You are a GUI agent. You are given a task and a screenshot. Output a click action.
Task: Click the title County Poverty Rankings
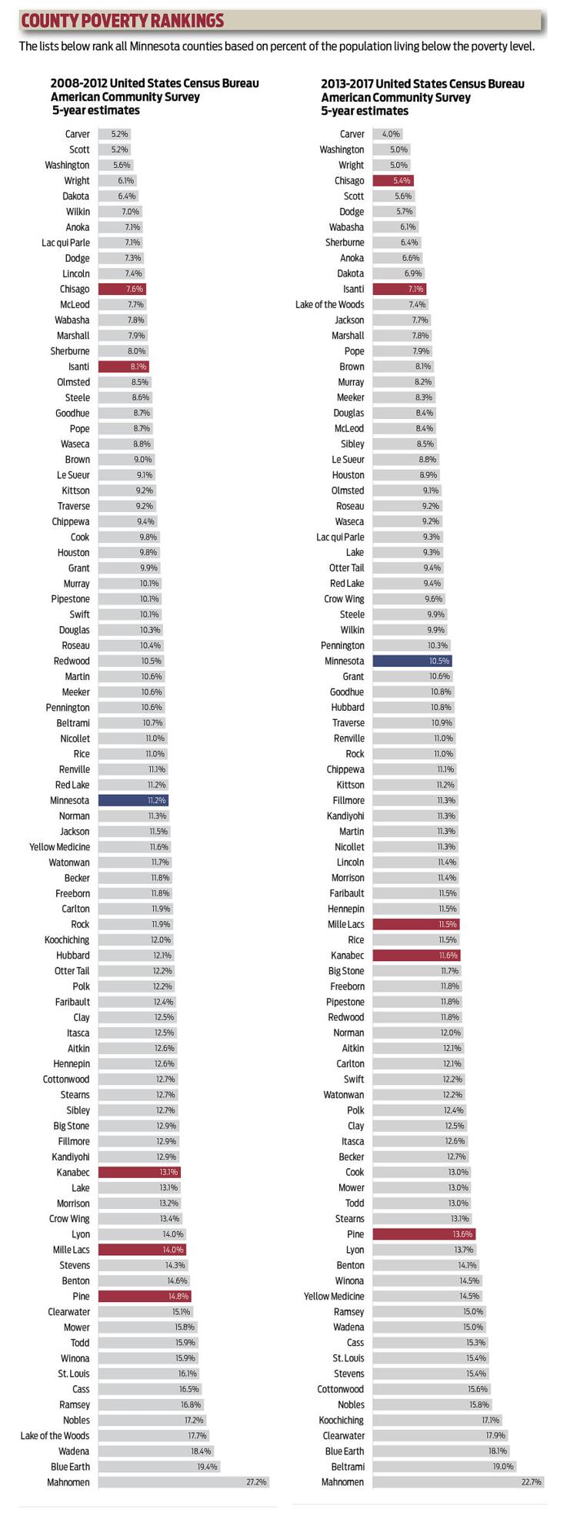pos(122,20)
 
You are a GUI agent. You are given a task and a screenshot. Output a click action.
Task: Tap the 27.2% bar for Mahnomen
pos(183,1482)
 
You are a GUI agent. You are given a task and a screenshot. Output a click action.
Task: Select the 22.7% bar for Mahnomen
pos(459,1482)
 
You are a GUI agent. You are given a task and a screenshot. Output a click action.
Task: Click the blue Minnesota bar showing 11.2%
pos(133,801)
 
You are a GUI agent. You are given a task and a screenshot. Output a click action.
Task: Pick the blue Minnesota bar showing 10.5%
pos(412,661)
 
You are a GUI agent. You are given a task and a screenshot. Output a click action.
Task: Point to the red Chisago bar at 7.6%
pos(122,289)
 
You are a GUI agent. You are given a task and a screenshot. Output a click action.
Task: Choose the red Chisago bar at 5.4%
pos(393,180)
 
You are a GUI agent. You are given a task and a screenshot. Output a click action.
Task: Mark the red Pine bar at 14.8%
pos(145,1296)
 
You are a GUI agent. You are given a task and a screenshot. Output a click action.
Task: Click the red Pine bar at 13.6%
pos(425,1234)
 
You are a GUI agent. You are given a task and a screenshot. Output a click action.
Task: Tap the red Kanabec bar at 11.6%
pos(417,956)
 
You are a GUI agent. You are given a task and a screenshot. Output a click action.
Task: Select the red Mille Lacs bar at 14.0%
pos(142,1250)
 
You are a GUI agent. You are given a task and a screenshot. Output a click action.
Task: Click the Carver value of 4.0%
pos(392,134)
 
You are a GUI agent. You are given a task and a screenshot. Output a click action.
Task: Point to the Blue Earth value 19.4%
pos(208,1467)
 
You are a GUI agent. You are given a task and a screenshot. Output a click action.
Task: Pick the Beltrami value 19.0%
pos(503,1467)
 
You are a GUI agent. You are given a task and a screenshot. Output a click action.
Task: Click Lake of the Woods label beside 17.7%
pos(55,1436)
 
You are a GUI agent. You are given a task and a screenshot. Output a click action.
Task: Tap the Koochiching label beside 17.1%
pos(342,1421)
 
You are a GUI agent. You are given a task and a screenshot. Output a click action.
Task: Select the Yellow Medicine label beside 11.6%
pos(59,847)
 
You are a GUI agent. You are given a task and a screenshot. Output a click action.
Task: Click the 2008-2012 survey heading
pos(155,96)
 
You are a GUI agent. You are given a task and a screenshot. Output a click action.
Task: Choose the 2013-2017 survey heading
pos(423,96)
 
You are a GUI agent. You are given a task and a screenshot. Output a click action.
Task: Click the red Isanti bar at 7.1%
pos(400,289)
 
